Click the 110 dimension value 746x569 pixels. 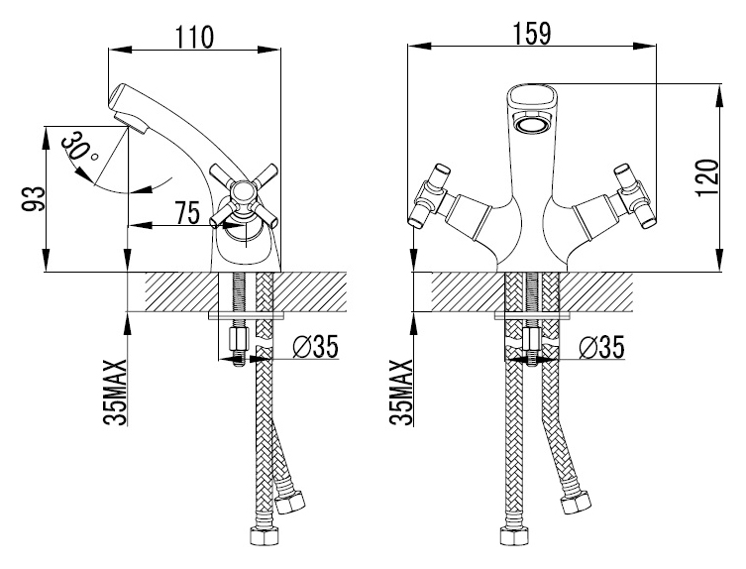click(195, 37)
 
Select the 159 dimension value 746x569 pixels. click(532, 34)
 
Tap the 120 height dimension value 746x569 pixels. click(706, 178)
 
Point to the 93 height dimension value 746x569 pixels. click(34, 199)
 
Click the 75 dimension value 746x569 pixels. click(188, 213)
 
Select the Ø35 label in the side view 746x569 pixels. click(314, 346)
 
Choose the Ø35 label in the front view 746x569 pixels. click(601, 347)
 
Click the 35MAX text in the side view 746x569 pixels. click(116, 392)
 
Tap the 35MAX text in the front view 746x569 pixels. click(402, 392)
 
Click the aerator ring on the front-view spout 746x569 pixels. click(532, 126)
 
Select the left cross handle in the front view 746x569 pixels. click(430, 196)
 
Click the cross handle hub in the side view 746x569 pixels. click(243, 194)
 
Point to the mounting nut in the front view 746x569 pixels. click(531, 340)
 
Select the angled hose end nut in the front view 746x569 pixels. click(576, 503)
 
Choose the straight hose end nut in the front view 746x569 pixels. click(513, 534)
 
